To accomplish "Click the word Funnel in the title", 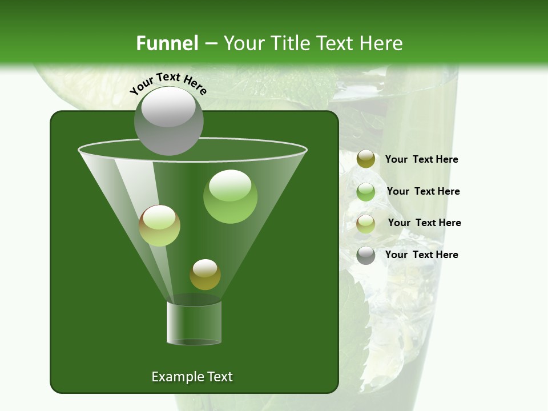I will pos(167,43).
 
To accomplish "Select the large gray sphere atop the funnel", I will pos(168,120).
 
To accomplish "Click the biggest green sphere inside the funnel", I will pos(230,196).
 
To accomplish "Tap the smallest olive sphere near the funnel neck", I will pos(205,275).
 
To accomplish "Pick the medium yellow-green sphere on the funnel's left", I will pos(159,225).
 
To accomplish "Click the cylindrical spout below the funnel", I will pos(194,323).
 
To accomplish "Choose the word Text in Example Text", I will pos(219,377).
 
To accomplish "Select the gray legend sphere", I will pos(366,255).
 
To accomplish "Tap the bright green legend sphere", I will pos(366,192).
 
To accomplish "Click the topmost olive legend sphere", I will pos(366,159).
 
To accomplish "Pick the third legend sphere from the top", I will pos(366,223).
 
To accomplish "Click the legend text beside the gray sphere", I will pos(421,255).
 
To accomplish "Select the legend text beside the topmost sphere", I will pos(421,159).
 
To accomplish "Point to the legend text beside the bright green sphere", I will pos(423,191).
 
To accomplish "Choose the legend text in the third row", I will pos(424,223).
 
